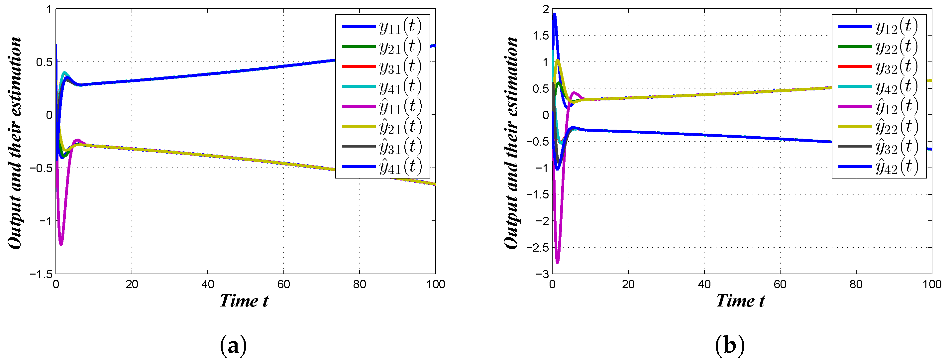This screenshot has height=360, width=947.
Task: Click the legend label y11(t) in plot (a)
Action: click(400, 27)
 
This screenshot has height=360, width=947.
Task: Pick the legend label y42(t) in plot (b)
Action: click(896, 87)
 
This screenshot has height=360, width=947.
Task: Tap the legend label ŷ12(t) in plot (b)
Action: click(896, 107)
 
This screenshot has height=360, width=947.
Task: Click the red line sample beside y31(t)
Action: click(359, 66)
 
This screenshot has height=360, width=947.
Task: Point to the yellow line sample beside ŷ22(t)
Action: click(855, 127)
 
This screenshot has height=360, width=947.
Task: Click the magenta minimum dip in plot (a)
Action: click(61, 244)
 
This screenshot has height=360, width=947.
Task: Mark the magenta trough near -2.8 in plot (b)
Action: click(557, 262)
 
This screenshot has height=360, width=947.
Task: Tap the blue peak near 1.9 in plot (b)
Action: click(554, 15)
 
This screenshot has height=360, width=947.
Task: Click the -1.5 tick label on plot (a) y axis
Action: click(41, 274)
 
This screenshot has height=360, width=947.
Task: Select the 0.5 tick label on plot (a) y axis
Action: click(44, 62)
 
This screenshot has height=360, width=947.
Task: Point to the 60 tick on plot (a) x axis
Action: click(283, 284)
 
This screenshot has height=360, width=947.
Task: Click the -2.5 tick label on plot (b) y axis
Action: click(538, 247)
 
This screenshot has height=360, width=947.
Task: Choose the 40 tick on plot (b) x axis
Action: click(704, 284)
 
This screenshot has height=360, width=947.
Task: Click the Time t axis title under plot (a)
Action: click(244, 301)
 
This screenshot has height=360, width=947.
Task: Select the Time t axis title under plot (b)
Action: click(740, 301)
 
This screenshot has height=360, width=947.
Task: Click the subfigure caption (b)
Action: click(730, 346)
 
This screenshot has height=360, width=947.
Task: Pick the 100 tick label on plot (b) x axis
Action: click(932, 284)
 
